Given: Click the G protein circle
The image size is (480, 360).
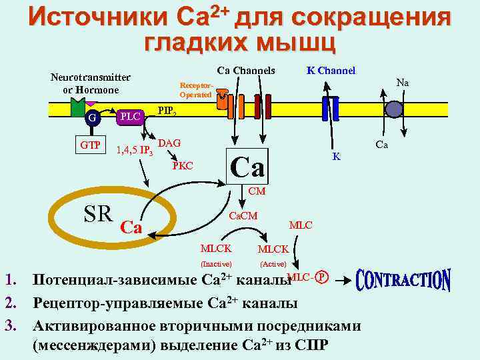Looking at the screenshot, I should click(x=93, y=119).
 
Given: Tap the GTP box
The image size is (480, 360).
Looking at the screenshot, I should click(x=91, y=145).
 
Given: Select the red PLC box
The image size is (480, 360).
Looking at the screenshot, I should click(x=129, y=116).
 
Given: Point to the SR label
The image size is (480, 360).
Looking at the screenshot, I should click(x=98, y=213).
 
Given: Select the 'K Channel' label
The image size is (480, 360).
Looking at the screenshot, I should click(x=331, y=70).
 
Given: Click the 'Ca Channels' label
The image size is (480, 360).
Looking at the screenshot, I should click(x=245, y=71).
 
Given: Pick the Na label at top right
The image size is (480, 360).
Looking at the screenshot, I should click(x=403, y=83).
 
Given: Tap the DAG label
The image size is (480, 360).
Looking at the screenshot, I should click(x=169, y=143).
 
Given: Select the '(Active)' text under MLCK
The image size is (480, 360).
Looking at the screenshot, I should click(x=273, y=265).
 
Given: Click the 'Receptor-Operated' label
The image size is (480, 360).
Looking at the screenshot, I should click(x=196, y=90).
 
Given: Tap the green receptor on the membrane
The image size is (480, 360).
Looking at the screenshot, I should click(x=77, y=107).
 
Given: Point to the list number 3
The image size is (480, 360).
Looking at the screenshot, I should click(x=11, y=326).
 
